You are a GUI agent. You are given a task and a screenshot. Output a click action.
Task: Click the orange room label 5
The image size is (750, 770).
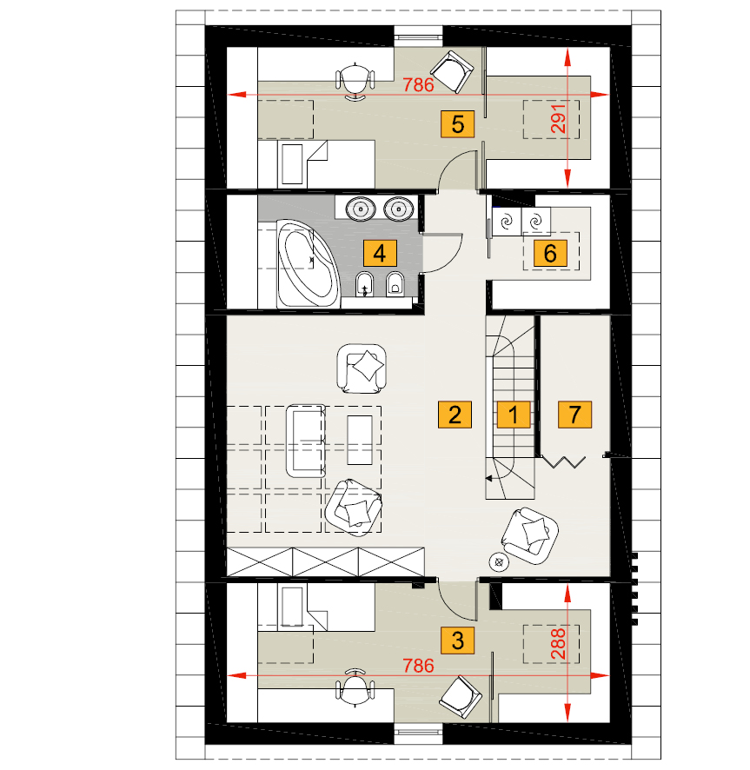pyautogui.click(x=457, y=123)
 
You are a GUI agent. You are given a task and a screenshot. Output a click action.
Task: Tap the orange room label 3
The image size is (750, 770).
pyautogui.click(x=457, y=641)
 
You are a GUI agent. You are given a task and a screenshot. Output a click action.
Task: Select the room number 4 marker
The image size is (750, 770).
pyautogui.click(x=380, y=253)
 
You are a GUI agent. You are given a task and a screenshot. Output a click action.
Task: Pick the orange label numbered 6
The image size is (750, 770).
pyautogui.click(x=550, y=253)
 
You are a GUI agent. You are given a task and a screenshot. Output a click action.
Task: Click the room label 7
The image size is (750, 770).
pyautogui.click(x=574, y=415)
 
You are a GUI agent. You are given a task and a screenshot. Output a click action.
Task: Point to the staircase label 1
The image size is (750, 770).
pyautogui.click(x=514, y=415)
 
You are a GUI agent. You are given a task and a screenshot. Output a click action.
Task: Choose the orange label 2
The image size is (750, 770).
pyautogui.click(x=455, y=415)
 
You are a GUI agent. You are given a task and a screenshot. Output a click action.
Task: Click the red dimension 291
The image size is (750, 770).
pyautogui.click(x=559, y=118)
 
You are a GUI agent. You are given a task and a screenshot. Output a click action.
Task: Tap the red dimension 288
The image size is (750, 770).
pyautogui.click(x=559, y=644)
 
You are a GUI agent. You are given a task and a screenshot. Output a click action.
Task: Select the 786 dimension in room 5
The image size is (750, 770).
pyautogui.click(x=419, y=85)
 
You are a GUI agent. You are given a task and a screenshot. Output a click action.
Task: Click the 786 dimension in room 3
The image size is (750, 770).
pyautogui.click(x=419, y=666)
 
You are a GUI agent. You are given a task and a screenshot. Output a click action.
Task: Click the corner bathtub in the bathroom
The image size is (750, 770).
pyautogui.click(x=308, y=263)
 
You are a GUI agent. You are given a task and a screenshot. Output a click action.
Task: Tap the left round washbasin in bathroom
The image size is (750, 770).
pyautogui.click(x=361, y=209)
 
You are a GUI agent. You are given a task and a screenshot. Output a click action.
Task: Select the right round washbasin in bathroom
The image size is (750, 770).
pyautogui.click(x=398, y=209)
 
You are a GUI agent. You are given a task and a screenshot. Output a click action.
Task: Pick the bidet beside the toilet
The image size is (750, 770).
pyautogui.click(x=364, y=284)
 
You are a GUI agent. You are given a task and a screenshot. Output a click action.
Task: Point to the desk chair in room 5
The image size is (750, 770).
pyautogui.click(x=355, y=82)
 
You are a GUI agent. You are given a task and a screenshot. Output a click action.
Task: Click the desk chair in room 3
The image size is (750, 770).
pyautogui.click(x=355, y=687)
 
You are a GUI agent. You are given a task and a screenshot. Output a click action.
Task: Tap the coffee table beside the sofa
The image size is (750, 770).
pyautogui.click(x=360, y=440)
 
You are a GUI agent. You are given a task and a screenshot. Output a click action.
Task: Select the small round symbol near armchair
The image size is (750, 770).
pyautogui.click(x=499, y=562)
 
